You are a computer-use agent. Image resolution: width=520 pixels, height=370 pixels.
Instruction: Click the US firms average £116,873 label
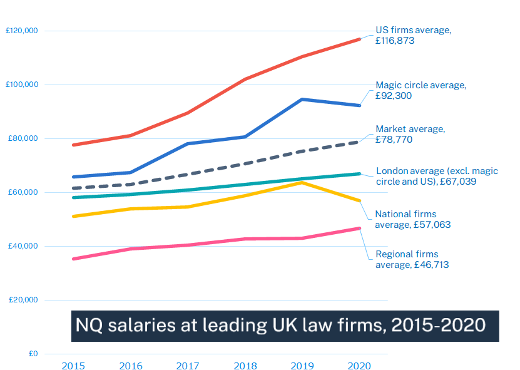click(412, 35)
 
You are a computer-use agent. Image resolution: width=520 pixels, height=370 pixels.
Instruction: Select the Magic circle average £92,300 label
click(421, 90)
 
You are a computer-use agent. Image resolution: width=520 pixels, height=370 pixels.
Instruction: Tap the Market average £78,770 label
click(410, 134)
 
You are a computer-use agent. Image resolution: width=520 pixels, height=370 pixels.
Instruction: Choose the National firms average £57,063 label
click(412, 219)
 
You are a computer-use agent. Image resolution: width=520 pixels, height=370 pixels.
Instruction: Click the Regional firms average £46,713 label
click(412, 259)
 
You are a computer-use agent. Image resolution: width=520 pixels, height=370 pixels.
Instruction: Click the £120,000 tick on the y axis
click(22, 31)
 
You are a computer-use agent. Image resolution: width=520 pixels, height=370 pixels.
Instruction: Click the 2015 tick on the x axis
click(74, 365)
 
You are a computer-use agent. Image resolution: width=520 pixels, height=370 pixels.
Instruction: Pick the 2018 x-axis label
click(245, 365)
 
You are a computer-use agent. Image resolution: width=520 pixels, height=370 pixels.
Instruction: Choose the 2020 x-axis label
click(359, 365)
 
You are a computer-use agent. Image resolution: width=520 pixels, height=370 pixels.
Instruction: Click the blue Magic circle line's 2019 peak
click(302, 99)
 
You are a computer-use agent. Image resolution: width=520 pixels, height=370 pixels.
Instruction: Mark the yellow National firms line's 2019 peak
click(302, 182)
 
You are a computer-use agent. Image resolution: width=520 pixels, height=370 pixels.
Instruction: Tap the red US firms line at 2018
click(245, 80)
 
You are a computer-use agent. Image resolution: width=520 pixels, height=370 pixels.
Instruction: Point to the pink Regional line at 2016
click(131, 249)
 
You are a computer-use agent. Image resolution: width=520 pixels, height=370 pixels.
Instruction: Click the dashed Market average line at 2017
click(188, 174)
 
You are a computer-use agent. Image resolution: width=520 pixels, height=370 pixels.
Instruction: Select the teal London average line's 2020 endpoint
click(359, 173)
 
